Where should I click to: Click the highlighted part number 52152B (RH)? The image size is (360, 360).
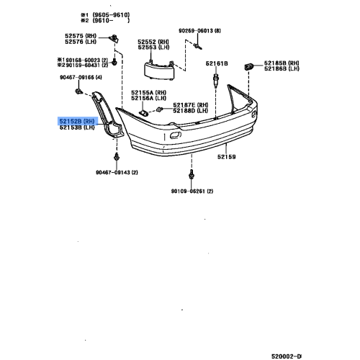pyautogui.click(x=76, y=122)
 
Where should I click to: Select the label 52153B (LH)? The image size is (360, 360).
pyautogui.click(x=76, y=128)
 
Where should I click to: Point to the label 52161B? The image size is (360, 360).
pyautogui.click(x=217, y=64)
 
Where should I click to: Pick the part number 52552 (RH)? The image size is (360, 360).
pyautogui.click(x=152, y=41)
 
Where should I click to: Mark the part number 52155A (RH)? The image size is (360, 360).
pyautogui.click(x=148, y=94)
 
